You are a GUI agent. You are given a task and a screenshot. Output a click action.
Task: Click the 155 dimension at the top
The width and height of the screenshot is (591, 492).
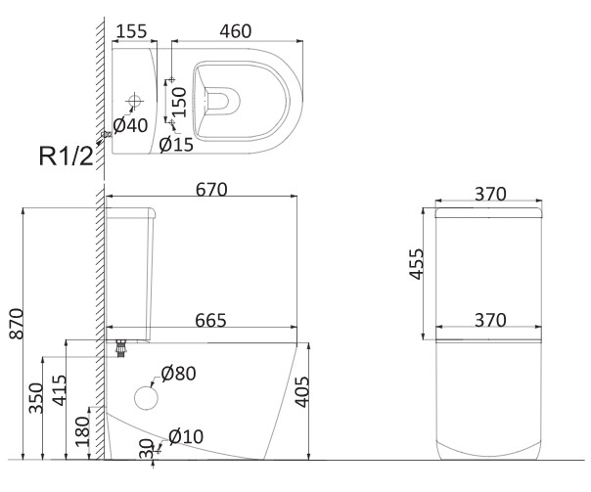(x=131, y=31)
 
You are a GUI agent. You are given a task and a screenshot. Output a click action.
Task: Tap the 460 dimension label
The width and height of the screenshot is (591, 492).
(x=236, y=31)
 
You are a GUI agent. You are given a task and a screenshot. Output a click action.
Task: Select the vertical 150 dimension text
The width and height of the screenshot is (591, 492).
(x=179, y=102)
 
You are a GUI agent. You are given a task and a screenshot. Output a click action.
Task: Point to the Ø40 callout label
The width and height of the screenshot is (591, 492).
(x=130, y=125)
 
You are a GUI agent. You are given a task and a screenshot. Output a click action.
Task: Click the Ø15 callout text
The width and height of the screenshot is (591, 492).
(x=176, y=145)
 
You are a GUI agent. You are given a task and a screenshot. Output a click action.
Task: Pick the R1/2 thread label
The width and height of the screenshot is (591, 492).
(x=66, y=156)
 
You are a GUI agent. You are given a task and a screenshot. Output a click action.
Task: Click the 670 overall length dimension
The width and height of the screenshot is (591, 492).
(x=211, y=190)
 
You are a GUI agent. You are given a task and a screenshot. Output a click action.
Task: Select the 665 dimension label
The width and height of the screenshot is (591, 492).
(x=210, y=320)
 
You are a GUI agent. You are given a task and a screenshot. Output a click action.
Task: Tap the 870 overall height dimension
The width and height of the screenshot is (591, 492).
(x=17, y=324)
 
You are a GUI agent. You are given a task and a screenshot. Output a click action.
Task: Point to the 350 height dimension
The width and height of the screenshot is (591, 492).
(x=36, y=398)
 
